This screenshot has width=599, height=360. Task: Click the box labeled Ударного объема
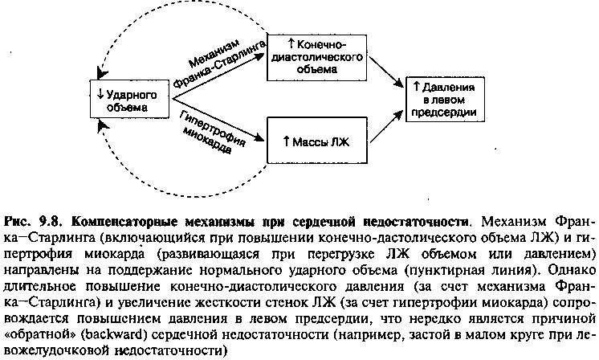click(x=129, y=99)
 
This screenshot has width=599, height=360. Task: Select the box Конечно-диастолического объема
click(x=316, y=57)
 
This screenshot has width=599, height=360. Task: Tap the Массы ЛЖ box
click(x=316, y=141)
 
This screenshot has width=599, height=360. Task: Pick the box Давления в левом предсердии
click(x=445, y=100)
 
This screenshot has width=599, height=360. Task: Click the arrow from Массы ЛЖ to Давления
click(x=386, y=127)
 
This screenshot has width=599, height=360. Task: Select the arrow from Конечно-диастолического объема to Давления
click(x=386, y=72)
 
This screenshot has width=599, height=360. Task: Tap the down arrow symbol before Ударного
click(x=100, y=93)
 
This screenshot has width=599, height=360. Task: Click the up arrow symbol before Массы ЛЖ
click(x=286, y=141)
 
